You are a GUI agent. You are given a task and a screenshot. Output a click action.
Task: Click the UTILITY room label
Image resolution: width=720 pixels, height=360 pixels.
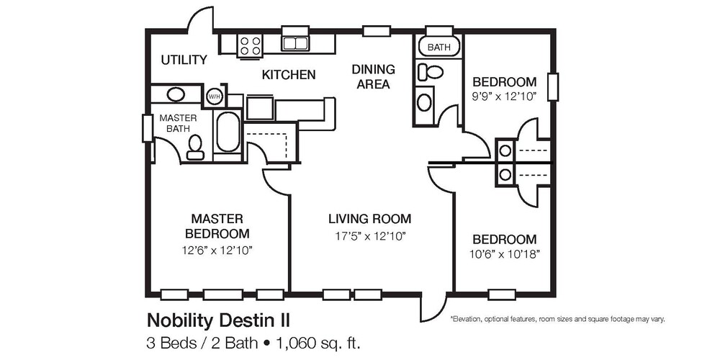pyautogui.click(x=184, y=60)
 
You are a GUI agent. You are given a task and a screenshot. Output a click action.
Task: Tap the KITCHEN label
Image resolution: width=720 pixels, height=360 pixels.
pyautogui.click(x=288, y=74)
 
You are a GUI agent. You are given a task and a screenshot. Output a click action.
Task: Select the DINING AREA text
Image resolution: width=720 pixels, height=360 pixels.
pyautogui.click(x=373, y=76)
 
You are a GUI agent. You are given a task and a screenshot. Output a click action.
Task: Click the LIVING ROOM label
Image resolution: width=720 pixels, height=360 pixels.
pyautogui.click(x=369, y=218)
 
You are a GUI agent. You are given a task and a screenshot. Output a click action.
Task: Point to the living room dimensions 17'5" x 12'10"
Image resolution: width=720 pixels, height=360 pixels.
pyautogui.click(x=369, y=235)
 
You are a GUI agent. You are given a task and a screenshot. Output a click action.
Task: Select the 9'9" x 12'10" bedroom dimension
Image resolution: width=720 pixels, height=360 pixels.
pyautogui.click(x=504, y=96)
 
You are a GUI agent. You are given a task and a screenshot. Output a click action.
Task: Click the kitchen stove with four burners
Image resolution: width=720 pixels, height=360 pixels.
pyautogui.click(x=251, y=45)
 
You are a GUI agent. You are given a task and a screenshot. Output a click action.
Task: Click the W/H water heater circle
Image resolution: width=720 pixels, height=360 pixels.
pyautogui.click(x=215, y=96)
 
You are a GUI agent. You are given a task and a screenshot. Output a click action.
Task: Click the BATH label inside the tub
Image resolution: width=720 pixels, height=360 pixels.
pyautogui.click(x=438, y=48)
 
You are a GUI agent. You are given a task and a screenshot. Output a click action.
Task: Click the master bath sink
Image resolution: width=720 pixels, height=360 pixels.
pyautogui.click(x=175, y=94)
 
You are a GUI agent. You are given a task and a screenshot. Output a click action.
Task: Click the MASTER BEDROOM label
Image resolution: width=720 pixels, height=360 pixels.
pyautogui.click(x=217, y=225)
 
